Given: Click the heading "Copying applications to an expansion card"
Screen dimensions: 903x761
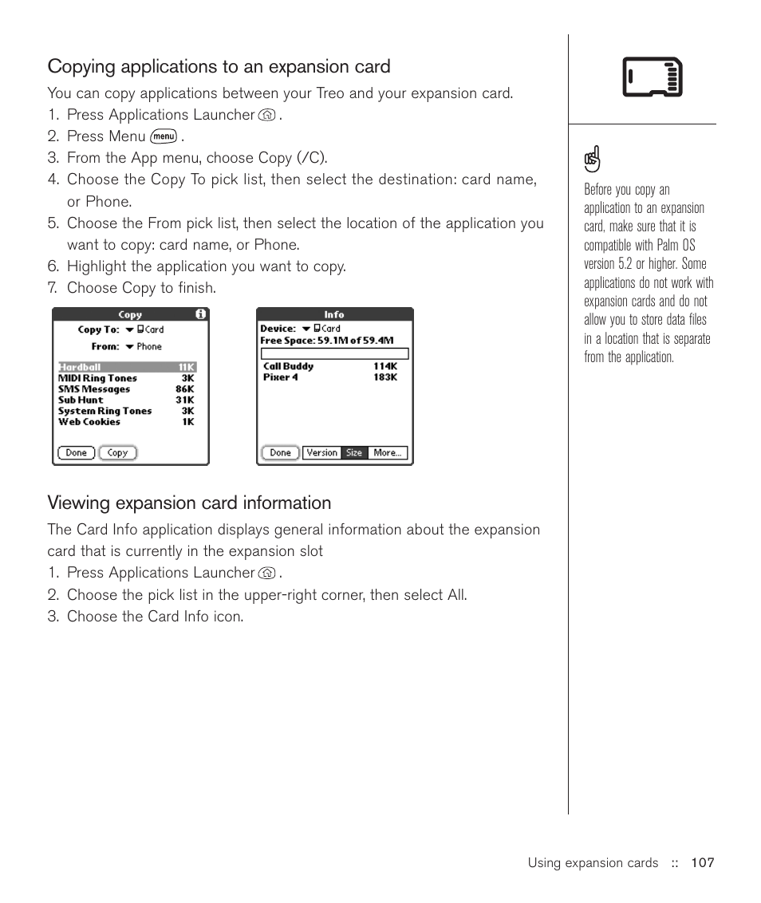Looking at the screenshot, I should (x=219, y=67).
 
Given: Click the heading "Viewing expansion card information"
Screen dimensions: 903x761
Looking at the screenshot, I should (x=189, y=503).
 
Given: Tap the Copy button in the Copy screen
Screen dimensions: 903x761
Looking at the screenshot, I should (x=117, y=453).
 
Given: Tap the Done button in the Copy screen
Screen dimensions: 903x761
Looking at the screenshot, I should (x=76, y=453).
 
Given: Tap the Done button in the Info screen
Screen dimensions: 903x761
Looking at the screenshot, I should (x=280, y=453).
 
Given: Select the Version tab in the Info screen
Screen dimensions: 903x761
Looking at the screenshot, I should (x=322, y=453).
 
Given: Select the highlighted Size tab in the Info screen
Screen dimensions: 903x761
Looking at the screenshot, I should (x=354, y=453).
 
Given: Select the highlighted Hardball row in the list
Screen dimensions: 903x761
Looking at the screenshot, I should (x=126, y=368).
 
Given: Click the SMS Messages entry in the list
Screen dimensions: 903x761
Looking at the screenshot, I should (x=94, y=389).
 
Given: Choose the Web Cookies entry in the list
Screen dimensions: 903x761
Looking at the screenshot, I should (x=89, y=422).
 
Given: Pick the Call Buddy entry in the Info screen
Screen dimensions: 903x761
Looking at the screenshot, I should (x=289, y=367).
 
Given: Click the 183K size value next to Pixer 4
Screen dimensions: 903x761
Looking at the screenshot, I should (x=385, y=377).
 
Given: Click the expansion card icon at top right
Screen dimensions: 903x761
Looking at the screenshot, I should (x=653, y=77).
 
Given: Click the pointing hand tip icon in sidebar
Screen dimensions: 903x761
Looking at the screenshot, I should (x=592, y=160).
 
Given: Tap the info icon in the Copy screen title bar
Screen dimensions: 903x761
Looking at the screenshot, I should (x=201, y=314).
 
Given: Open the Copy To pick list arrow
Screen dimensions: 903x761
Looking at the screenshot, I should (x=129, y=329).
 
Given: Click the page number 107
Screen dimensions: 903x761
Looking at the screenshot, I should (x=702, y=863).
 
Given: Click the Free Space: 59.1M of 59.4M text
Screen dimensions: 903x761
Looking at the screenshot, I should (x=327, y=340).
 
